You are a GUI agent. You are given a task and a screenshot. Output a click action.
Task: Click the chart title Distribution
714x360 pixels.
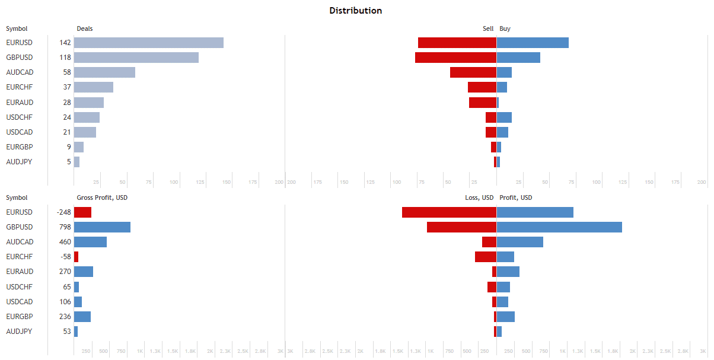click(x=356, y=11)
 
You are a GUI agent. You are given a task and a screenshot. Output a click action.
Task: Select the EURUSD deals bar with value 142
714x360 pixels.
click(x=148, y=43)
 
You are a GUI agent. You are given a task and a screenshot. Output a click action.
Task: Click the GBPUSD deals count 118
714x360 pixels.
click(x=65, y=58)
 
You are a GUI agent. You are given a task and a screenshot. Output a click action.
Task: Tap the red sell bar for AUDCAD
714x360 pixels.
click(x=473, y=72)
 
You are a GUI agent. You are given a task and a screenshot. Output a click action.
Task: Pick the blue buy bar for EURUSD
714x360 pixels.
click(x=533, y=43)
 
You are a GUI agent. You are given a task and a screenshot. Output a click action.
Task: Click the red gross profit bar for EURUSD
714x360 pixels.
click(x=82, y=212)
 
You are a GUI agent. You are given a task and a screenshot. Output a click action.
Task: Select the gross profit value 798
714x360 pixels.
click(x=65, y=227)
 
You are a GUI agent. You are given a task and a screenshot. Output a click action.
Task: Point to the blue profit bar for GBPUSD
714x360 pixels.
click(x=559, y=227)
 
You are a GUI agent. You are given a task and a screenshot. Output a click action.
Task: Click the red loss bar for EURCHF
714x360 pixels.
click(x=485, y=257)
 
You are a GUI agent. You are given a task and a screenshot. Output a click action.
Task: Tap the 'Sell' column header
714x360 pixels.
click(x=488, y=28)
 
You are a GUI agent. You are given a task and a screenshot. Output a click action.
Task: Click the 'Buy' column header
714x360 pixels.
click(x=505, y=28)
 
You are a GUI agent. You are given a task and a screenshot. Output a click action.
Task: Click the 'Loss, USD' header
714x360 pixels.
click(x=479, y=197)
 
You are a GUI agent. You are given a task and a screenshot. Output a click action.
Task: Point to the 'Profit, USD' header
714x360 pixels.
click(x=516, y=197)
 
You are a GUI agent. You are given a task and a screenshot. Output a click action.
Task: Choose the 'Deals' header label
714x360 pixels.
click(x=85, y=28)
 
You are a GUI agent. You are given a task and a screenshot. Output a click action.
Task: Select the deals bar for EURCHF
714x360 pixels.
click(x=93, y=87)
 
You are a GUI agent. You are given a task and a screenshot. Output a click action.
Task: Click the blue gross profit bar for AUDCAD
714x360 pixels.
click(x=90, y=242)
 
